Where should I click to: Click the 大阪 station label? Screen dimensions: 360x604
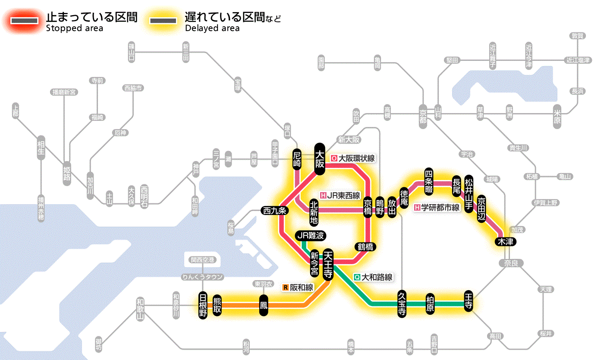point(320,158)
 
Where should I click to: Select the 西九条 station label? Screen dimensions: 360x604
point(274,211)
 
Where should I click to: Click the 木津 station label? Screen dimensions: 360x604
point(505,241)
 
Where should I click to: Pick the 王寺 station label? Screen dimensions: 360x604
point(469,301)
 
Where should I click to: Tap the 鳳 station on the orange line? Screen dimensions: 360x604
point(264,305)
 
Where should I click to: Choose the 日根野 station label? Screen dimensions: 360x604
point(203,305)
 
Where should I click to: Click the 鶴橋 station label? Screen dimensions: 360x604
point(365,247)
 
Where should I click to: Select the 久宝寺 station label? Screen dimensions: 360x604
point(402,304)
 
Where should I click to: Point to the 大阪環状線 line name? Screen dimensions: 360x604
point(353,158)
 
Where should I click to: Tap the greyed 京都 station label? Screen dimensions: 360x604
point(423,114)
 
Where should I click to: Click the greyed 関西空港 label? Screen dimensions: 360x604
point(202,260)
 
